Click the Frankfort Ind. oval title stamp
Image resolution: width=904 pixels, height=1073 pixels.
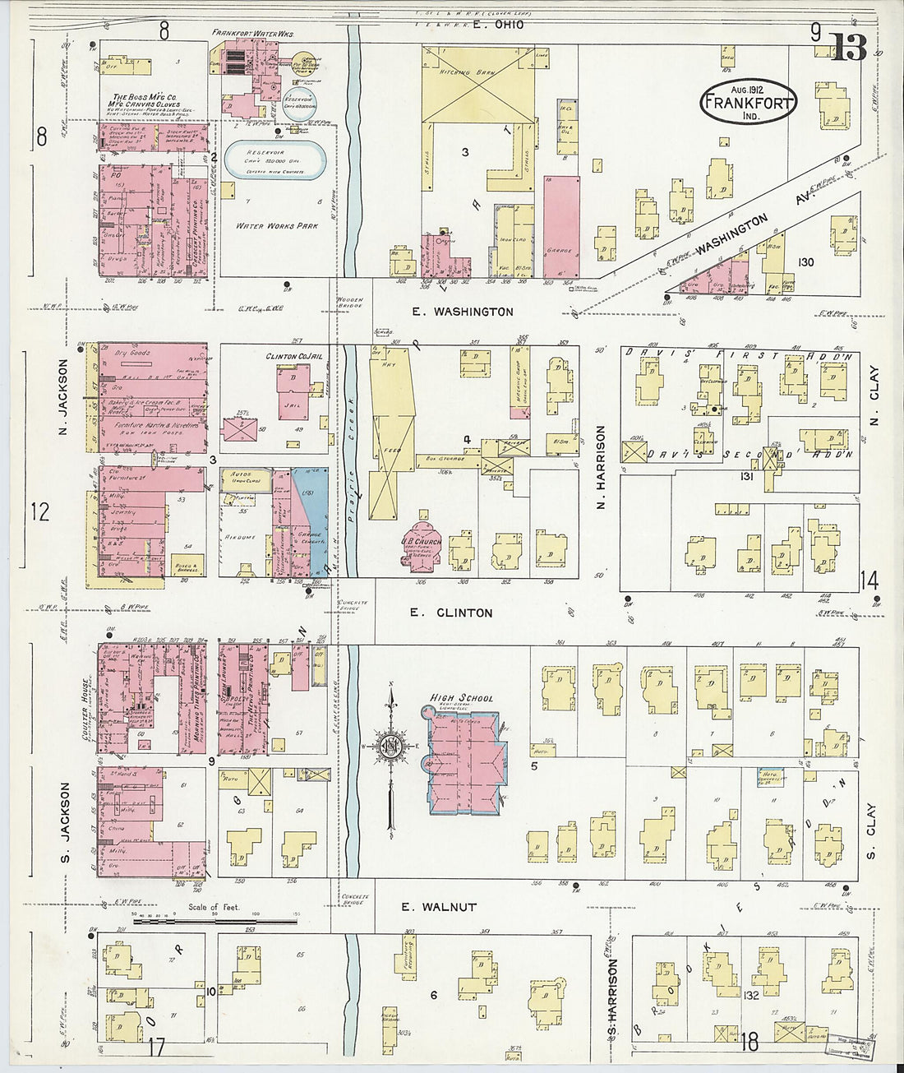click(x=748, y=103)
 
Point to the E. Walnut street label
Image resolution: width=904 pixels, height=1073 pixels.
click(x=438, y=907)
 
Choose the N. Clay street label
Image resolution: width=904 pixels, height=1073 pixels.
click(x=874, y=396)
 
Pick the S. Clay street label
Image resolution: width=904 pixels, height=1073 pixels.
click(x=871, y=831)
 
